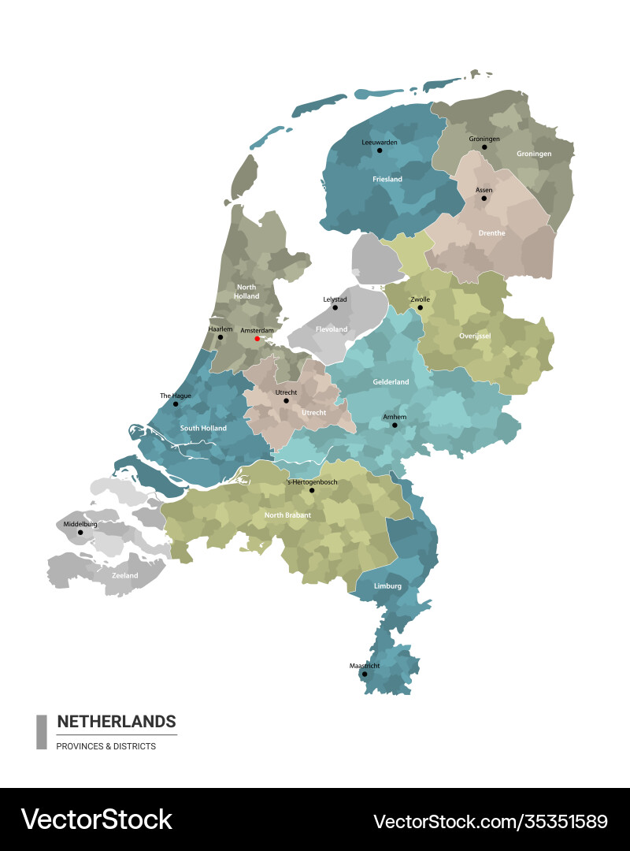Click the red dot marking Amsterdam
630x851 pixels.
coord(257,339)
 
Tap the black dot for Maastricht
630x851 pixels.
coord(364,674)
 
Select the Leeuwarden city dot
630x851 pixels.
coord(379,150)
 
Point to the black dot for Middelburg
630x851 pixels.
coord(80,532)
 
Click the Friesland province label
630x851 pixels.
coord(387,180)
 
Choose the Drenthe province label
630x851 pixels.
coord(492,233)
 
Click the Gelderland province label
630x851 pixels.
coord(391,382)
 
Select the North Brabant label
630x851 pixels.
coord(287,515)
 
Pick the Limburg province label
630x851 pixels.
coord(388,586)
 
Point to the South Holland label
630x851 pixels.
coord(203,429)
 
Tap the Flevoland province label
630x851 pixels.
coord(332,329)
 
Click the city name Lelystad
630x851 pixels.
coord(335,299)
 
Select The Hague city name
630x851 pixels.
coord(176,396)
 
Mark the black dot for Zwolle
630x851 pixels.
coord(420,307)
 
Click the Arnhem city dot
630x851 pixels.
coord(395,425)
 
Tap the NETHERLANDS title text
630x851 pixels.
coord(117,722)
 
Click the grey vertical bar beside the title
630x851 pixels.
coord(42,731)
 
